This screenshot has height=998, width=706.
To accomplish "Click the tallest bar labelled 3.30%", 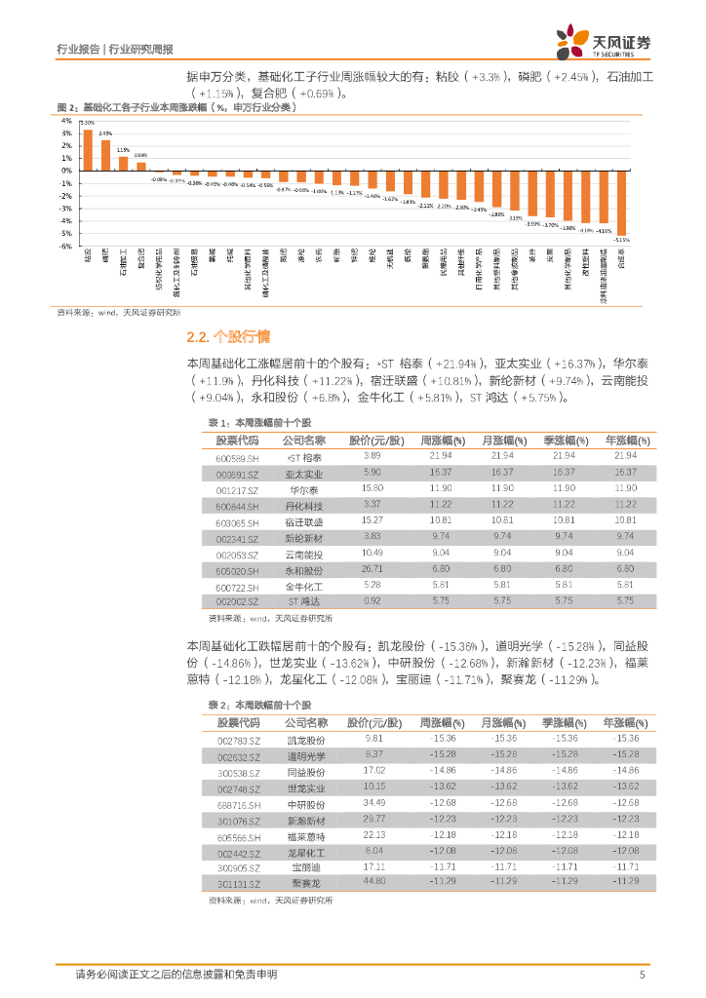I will coord(88,150).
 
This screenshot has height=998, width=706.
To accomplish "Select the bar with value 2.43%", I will coord(105,155).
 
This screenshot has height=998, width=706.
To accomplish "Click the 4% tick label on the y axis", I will coord(67,121).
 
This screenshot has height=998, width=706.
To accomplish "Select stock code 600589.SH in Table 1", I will coord(237,457).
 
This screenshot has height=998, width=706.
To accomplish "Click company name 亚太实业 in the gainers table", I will coord(304,474).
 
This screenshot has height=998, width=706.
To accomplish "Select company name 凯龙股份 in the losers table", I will coord(305,740).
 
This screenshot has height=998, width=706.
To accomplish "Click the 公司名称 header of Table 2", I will coord(305,722).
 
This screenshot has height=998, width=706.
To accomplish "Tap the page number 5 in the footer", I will coord(642,975).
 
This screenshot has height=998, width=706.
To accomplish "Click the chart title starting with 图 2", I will coord(176,106).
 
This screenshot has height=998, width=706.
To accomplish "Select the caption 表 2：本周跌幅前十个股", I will coord(259,704).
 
